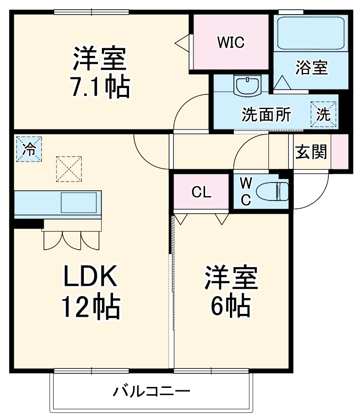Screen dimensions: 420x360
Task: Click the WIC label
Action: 230,43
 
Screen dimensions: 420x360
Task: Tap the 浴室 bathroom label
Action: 311,68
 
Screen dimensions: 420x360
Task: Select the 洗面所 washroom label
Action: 266,115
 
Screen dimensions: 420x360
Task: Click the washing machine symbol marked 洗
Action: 324,114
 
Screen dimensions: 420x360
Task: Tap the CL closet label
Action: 201,193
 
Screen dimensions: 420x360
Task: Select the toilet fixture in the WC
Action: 275,191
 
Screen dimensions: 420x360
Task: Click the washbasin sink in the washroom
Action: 248,86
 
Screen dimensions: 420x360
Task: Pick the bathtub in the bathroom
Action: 310,33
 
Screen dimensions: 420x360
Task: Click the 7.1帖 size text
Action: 101,88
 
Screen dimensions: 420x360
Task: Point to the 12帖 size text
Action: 91,307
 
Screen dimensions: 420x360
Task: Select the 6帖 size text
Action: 230,305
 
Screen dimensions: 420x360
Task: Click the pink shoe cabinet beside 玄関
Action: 340,151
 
